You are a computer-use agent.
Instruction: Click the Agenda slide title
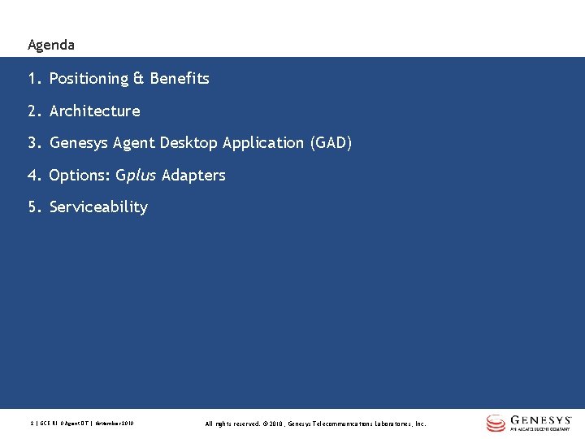click(x=50, y=45)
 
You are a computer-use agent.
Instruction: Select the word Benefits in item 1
click(x=179, y=79)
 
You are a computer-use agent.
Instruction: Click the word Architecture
click(x=94, y=111)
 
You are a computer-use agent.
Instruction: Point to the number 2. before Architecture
click(x=34, y=111)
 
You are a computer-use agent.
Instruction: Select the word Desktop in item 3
click(x=189, y=143)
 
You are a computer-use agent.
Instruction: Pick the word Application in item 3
click(x=264, y=143)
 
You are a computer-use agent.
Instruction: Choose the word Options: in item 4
click(x=80, y=176)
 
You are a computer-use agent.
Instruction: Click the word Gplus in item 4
click(x=136, y=176)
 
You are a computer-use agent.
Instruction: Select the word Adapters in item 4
click(x=193, y=176)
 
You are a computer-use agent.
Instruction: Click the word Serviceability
click(x=98, y=207)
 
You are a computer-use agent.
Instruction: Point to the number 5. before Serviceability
click(x=34, y=207)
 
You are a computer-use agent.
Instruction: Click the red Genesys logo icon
click(x=496, y=423)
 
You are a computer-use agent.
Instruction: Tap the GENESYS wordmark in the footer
click(x=542, y=420)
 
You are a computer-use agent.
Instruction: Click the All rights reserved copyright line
click(x=315, y=424)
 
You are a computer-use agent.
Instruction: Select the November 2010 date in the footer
click(x=115, y=424)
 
